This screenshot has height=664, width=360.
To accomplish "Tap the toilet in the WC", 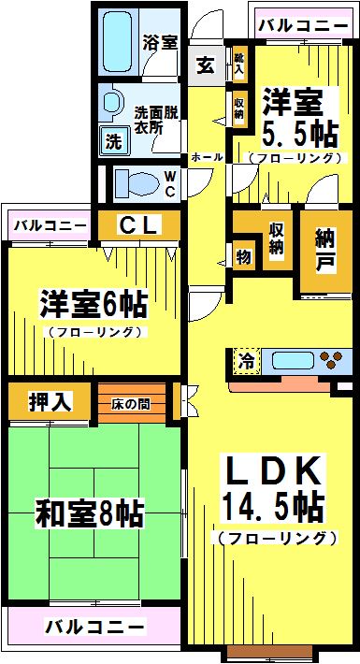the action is [135, 184].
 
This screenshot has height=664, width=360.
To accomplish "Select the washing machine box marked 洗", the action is [113, 141].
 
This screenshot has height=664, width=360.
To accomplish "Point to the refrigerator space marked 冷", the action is [247, 361].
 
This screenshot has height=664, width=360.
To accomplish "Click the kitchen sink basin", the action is [292, 361].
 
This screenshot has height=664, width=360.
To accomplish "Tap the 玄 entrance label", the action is [207, 65].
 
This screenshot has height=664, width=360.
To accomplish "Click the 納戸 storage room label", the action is [325, 252].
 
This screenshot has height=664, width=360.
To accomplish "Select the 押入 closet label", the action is [50, 400].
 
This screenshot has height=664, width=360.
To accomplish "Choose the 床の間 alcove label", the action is [131, 404].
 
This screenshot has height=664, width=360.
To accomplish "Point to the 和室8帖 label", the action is [90, 513].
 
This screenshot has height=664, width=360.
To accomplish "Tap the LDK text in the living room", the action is [273, 471].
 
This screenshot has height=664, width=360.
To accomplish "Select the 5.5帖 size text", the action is [301, 134].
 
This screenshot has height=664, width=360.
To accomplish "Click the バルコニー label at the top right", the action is [303, 26].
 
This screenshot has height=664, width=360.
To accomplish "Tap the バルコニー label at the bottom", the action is [95, 626].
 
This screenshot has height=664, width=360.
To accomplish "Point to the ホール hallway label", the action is [207, 157].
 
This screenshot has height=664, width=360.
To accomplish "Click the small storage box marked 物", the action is [243, 256].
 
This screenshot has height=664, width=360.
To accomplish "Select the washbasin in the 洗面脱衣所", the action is [111, 102].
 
